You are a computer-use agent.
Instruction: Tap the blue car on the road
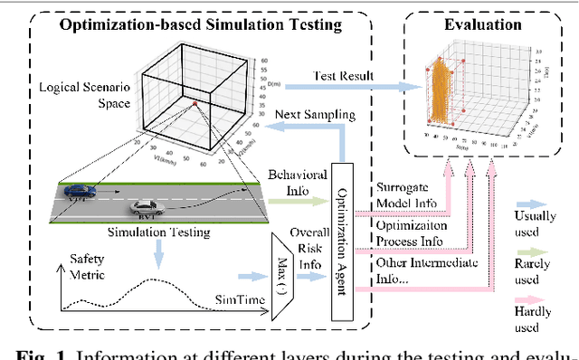81,191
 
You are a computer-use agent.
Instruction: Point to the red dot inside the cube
194,104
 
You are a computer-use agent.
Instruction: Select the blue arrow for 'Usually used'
536,205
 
